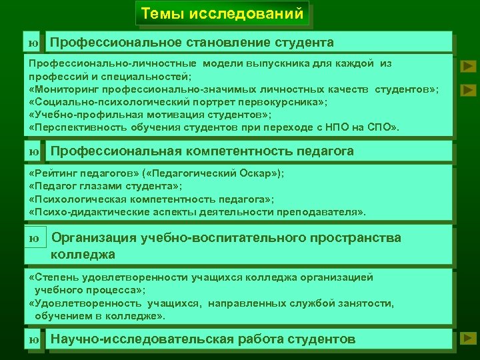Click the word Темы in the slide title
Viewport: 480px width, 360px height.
pyautogui.click(x=162, y=13)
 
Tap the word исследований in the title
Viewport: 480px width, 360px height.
pyautogui.click(x=246, y=13)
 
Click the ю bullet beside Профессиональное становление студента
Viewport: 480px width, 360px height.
pyautogui.click(x=33, y=43)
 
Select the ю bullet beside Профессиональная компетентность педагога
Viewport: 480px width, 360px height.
pyautogui.click(x=33, y=152)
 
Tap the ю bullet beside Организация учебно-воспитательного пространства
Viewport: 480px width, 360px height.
pyautogui.click(x=34, y=238)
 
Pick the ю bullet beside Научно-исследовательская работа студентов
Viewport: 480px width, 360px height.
pyautogui.click(x=33, y=340)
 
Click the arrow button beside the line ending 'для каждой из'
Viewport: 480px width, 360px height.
pyautogui.click(x=469, y=66)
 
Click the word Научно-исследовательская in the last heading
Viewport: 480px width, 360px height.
pyautogui.click(x=143, y=339)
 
